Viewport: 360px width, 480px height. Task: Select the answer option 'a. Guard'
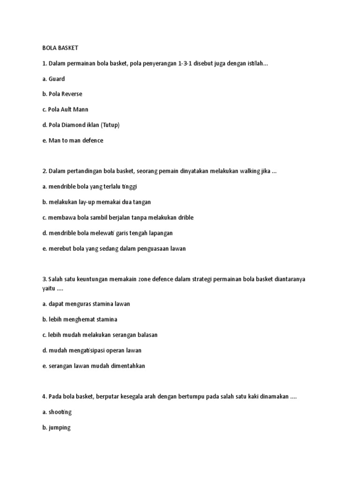tap(53, 79)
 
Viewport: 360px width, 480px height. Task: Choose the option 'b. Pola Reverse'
tap(62, 94)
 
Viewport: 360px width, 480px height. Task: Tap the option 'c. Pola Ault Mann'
tap(65, 110)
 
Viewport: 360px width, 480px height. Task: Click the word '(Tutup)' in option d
tap(111, 125)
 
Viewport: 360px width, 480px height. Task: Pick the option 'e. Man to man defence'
tap(72, 140)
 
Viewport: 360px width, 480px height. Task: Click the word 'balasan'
tap(147, 335)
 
